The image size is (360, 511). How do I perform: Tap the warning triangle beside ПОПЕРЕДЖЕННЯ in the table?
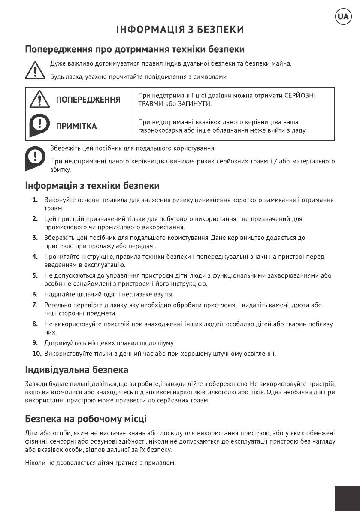pyautogui.click(x=38, y=100)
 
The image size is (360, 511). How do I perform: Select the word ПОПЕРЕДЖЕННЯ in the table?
pyautogui.click(x=88, y=100)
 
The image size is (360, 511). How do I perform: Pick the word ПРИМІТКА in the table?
pyautogui.click(x=76, y=126)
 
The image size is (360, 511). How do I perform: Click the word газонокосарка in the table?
pyautogui.click(x=157, y=130)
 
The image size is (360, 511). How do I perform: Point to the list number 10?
pyautogui.click(x=37, y=354)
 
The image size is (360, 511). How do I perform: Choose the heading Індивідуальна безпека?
pyautogui.click(x=77, y=369)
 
